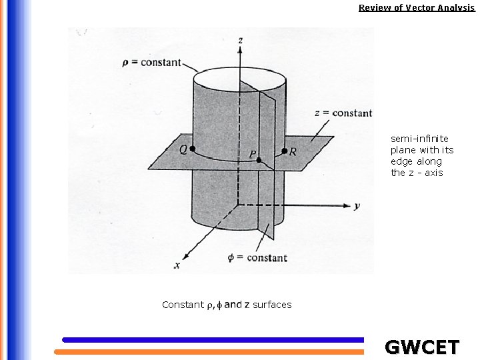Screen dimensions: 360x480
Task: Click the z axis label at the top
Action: pyautogui.click(x=239, y=41)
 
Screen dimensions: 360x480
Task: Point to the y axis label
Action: pyautogui.click(x=357, y=206)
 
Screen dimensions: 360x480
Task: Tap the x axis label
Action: pyautogui.click(x=177, y=265)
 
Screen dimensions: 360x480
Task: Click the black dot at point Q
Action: pyautogui.click(x=193, y=149)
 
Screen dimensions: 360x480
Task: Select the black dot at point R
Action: pyautogui.click(x=285, y=151)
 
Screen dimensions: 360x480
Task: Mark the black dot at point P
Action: pyautogui.click(x=259, y=161)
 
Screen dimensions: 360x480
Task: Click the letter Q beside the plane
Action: pyautogui.click(x=183, y=150)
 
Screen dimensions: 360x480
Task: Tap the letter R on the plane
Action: pyautogui.click(x=293, y=152)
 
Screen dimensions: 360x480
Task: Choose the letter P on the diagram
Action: pyautogui.click(x=252, y=155)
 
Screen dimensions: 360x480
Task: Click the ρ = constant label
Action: pyautogui.click(x=152, y=63)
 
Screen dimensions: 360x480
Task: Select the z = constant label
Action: pyautogui.click(x=343, y=113)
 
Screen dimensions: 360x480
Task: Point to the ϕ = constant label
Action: pyautogui.click(x=257, y=258)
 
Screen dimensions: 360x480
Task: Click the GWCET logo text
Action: pyautogui.click(x=422, y=347)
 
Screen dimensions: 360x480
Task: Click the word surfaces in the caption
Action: pyautogui.click(x=271, y=305)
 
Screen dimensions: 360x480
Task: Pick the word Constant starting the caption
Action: pyautogui.click(x=182, y=305)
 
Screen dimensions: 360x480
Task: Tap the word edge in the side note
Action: pyautogui.click(x=402, y=161)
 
